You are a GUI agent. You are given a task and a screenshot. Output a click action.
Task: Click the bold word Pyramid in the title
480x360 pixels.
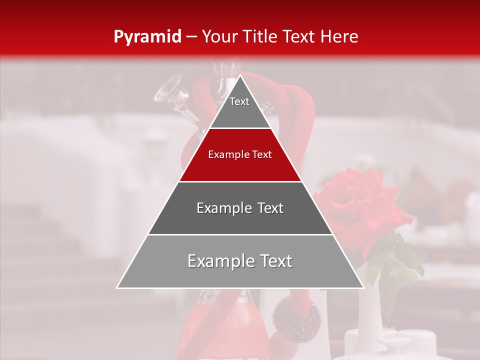click(x=147, y=36)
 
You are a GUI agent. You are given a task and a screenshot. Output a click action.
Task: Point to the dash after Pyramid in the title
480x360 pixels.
click(x=191, y=37)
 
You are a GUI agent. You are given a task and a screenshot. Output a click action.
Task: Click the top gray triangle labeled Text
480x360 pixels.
click(x=240, y=107)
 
